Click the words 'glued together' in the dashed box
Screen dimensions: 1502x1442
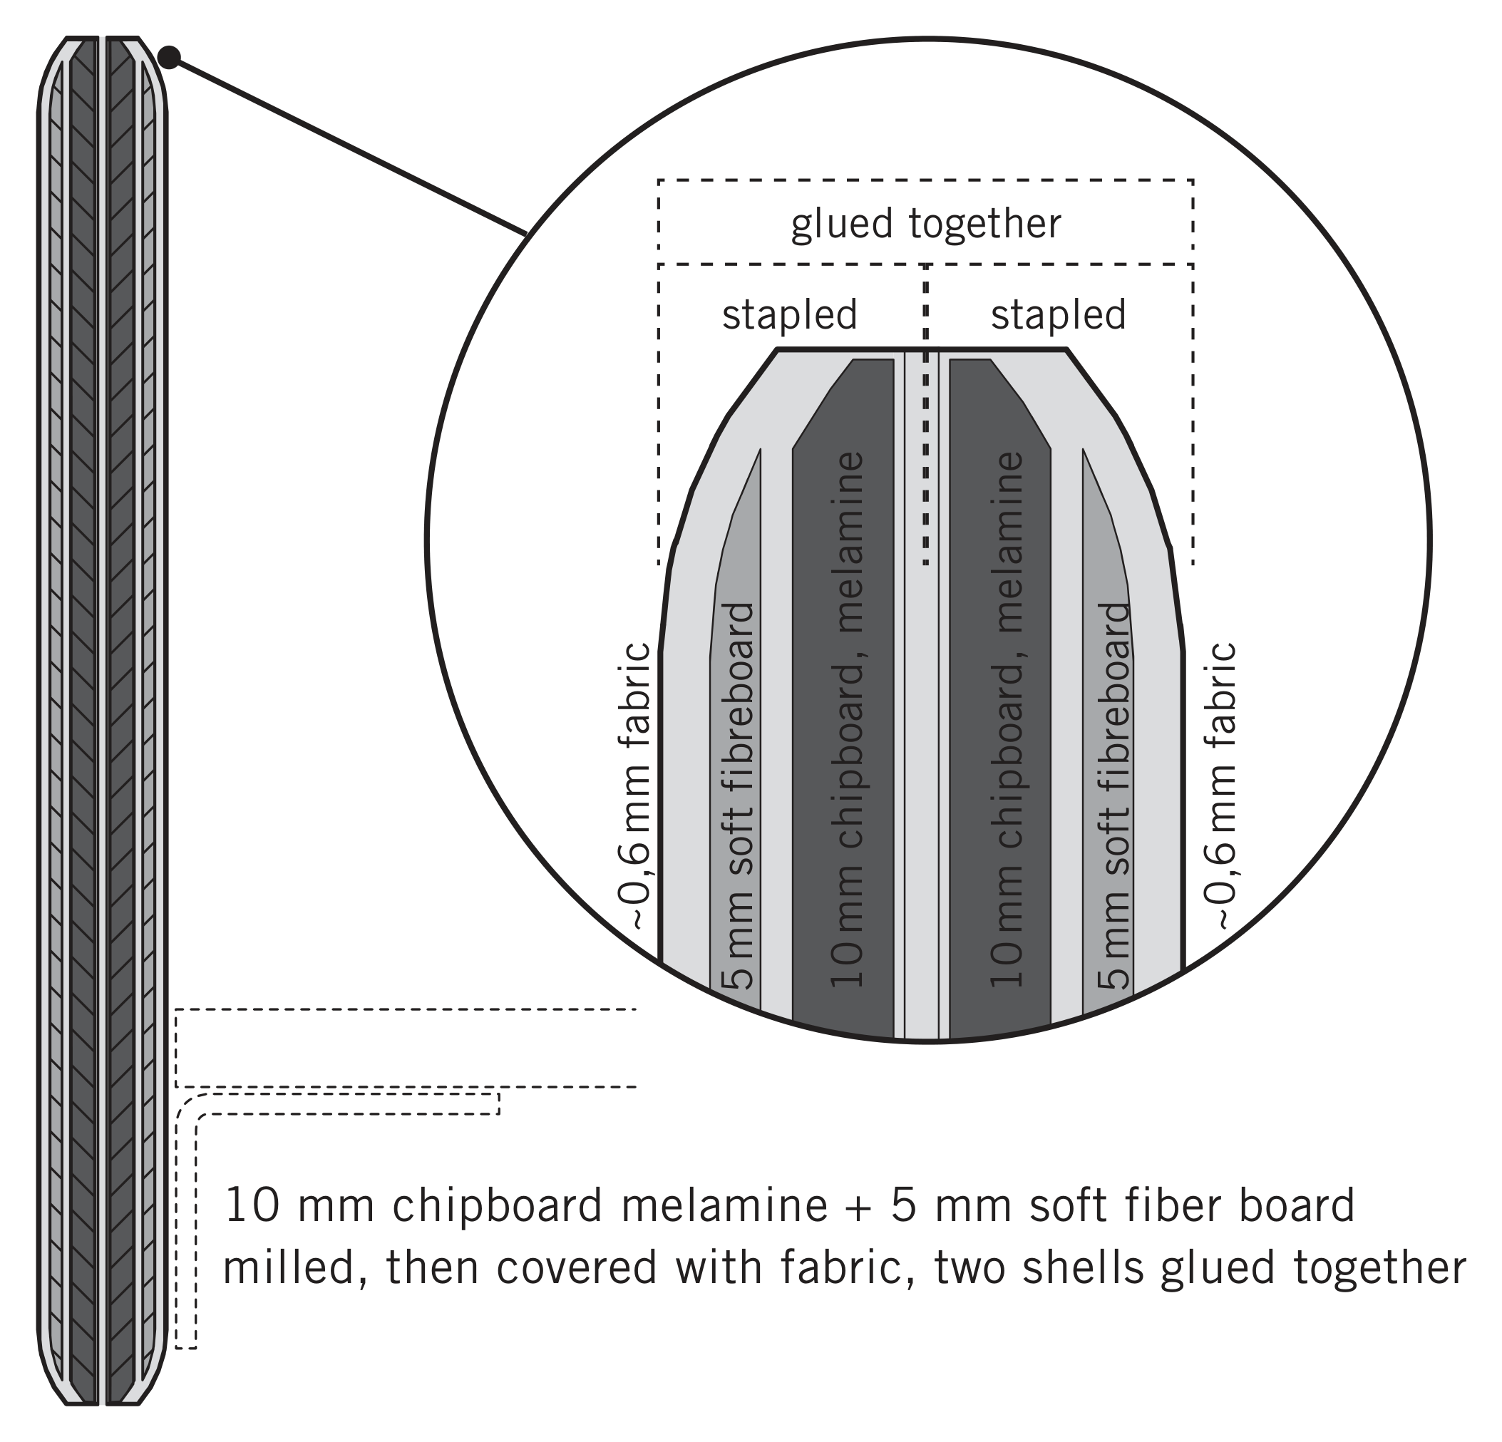click(926, 225)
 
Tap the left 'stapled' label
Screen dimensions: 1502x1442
click(789, 315)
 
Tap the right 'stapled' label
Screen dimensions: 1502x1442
click(1059, 315)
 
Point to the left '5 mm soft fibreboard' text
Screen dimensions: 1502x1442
click(737, 796)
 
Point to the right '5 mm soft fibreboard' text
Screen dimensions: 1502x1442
click(1113, 796)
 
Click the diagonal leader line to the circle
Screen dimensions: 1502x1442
click(348, 145)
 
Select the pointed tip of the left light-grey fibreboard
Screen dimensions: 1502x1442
click(759, 450)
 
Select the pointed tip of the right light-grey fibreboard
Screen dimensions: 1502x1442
click(1083, 450)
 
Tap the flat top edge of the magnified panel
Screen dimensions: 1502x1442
click(922, 349)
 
